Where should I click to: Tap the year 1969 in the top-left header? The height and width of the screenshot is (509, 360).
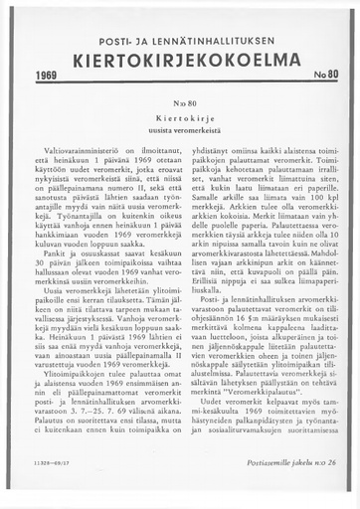(x=48, y=76)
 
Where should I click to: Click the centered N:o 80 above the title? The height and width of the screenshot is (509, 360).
(x=180, y=102)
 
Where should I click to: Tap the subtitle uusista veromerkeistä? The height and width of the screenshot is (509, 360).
(x=180, y=131)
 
